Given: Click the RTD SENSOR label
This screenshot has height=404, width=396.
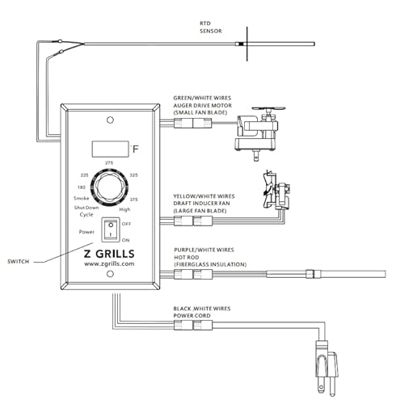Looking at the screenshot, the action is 211,27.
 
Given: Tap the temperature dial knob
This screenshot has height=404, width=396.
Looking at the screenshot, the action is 109,187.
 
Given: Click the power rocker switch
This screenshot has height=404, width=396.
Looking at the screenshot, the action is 111,229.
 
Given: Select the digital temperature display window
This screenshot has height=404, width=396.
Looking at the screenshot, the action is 110,149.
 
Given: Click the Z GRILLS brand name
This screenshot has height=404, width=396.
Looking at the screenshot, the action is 109,254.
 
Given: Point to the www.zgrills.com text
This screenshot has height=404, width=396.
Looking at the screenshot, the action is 109,263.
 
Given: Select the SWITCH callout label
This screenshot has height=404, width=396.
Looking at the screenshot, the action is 18,261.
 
